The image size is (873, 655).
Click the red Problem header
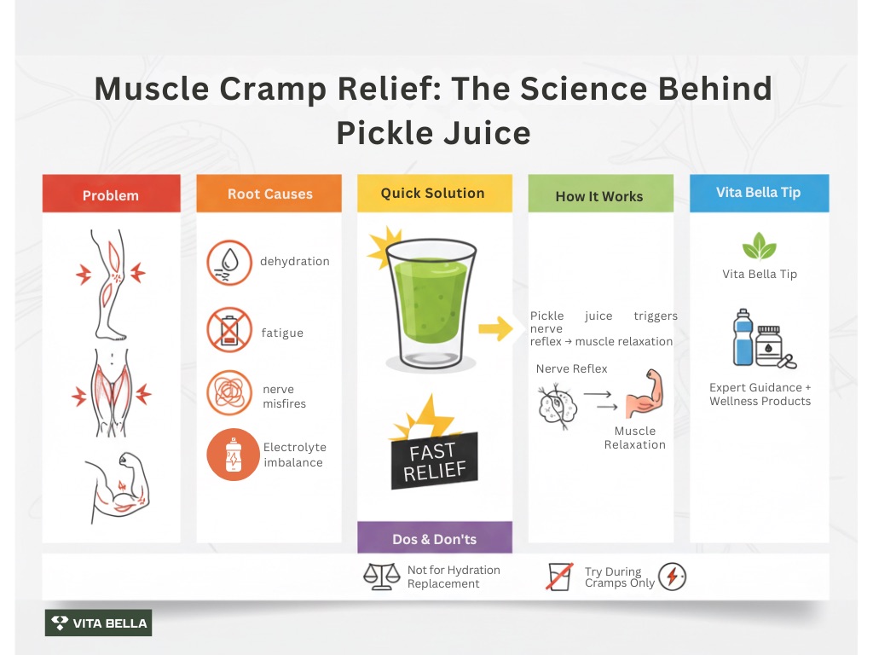pos(111,194)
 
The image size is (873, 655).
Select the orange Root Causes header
pos(269,194)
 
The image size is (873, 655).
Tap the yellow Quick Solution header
pos(433,193)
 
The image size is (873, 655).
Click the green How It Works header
pos(599,195)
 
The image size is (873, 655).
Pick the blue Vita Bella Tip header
pos(758,192)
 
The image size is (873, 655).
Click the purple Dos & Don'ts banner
pos(434,538)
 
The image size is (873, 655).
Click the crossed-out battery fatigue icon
pos(228,331)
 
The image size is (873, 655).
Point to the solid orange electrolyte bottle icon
pos(232,454)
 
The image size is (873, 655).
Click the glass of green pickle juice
pos(431,303)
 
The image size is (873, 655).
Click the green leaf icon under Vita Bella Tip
pos(759,246)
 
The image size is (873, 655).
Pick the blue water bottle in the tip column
pos(743,339)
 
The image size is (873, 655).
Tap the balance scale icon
pos(381,577)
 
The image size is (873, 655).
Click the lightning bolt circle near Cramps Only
pos(672,577)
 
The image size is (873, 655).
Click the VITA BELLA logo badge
pos(98,623)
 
